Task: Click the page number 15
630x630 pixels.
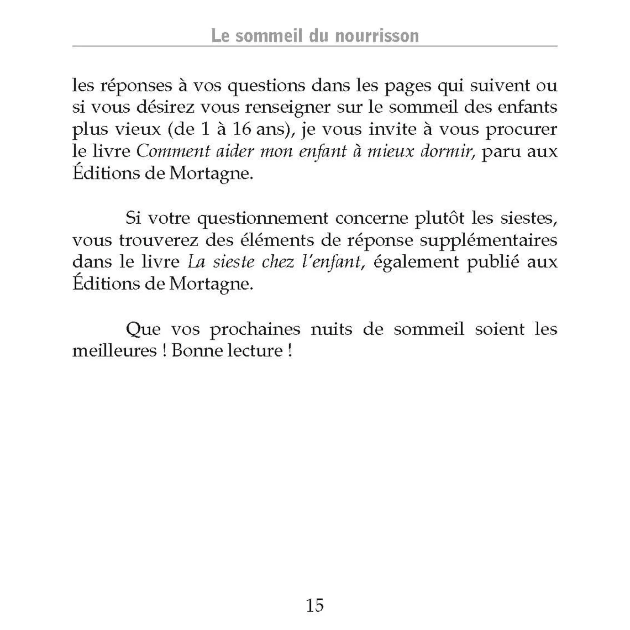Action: (315, 605)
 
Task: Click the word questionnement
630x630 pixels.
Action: (263, 219)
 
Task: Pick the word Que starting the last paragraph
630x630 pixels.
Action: (143, 329)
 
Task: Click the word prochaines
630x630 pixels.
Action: (255, 329)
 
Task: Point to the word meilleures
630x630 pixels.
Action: (114, 351)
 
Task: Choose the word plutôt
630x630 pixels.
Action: (439, 219)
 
